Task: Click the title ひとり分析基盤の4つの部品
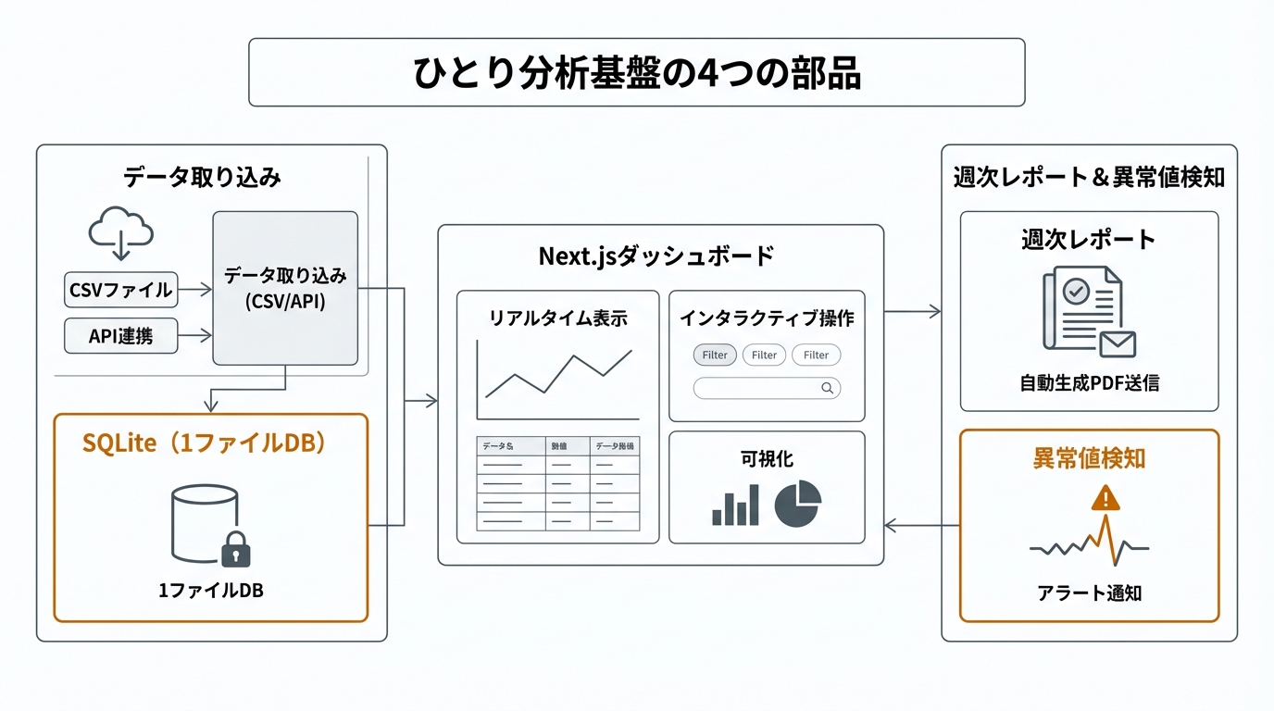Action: [636, 73]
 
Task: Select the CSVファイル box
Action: [120, 290]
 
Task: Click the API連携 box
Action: [120, 336]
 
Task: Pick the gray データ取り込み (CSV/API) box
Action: [284, 288]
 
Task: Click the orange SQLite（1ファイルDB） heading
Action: [205, 444]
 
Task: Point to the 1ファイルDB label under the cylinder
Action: [211, 591]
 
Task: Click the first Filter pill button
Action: [715, 355]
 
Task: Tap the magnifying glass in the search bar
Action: [827, 389]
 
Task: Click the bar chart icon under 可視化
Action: [735, 505]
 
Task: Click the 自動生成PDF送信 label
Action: [1089, 382]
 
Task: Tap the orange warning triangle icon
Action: [1105, 499]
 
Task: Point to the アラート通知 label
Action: [1089, 593]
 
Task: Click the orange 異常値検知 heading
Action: [1089, 458]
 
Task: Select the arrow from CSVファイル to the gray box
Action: [194, 290]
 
